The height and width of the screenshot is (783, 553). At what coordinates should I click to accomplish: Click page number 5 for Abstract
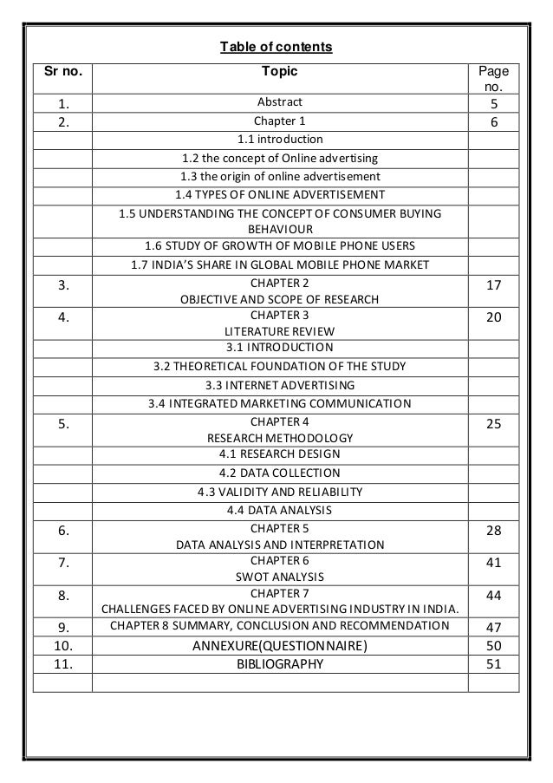[493, 105]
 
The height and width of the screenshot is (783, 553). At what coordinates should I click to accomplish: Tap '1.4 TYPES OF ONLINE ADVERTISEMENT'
[279, 194]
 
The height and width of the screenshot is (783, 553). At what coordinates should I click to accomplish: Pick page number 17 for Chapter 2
[493, 284]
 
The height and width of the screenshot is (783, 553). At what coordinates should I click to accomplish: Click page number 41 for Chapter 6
[493, 563]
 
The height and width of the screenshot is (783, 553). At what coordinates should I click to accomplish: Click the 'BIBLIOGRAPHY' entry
[279, 664]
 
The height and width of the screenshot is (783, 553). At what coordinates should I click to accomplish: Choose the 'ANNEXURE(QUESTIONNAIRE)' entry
[279, 645]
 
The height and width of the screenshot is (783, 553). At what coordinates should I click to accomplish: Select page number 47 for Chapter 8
[493, 626]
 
